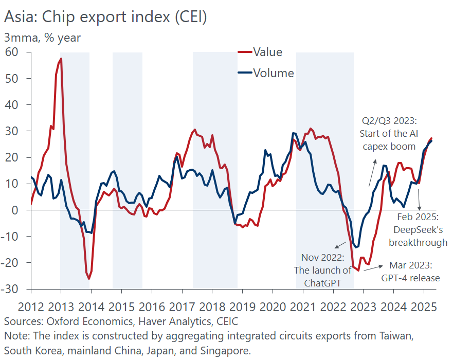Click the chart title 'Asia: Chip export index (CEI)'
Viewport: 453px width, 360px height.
105,17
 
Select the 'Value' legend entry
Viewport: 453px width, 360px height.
267,52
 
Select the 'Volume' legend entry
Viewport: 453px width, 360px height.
273,73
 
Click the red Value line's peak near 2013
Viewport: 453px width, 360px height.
61,59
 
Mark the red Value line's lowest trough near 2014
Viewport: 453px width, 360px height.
89,279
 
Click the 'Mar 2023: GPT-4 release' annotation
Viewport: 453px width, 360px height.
410,272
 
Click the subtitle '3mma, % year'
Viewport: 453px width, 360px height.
42,38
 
